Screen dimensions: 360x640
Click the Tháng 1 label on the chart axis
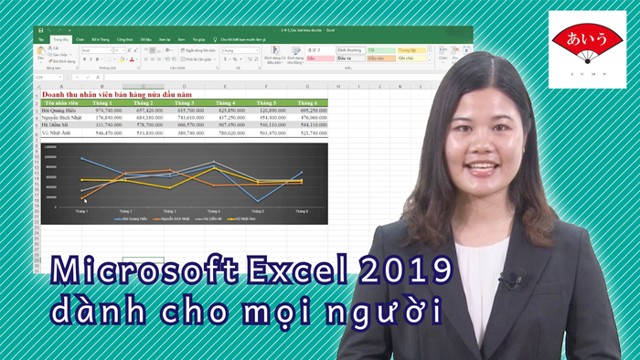pyautogui.click(x=82, y=211)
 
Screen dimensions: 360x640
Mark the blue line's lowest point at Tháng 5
pyautogui.click(x=258, y=201)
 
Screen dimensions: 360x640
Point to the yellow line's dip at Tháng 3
pyautogui.click(x=170, y=187)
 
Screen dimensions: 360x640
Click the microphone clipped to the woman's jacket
pyautogui.click(x=508, y=280)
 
